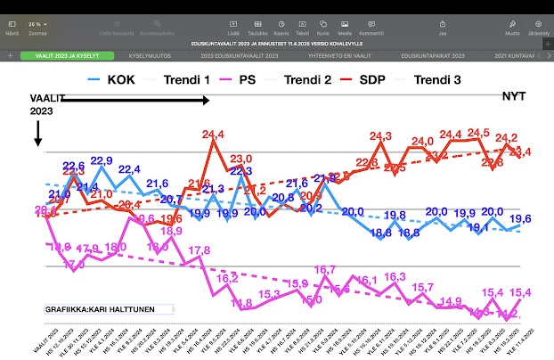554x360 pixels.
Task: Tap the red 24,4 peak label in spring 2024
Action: (x=213, y=135)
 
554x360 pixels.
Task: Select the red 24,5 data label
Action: (x=478, y=133)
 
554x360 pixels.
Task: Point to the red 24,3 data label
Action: (x=380, y=136)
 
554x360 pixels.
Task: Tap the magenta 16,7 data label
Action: (x=325, y=270)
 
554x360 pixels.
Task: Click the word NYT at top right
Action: (x=514, y=96)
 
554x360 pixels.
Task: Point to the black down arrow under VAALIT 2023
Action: (x=37, y=134)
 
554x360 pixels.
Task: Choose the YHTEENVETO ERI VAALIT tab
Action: (x=338, y=55)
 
